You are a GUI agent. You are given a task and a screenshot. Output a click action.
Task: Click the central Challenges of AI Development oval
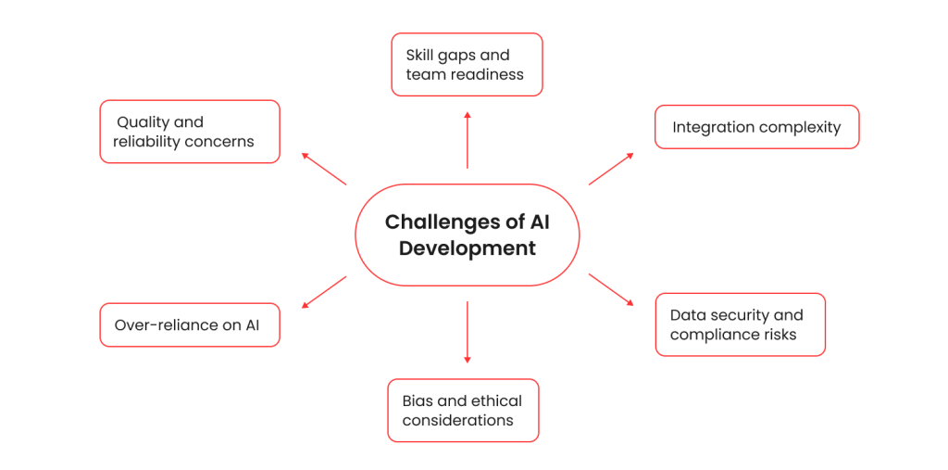coord(467,235)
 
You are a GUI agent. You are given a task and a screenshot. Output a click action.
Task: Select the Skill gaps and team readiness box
coord(467,65)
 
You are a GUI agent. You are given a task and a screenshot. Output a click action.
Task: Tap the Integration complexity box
coord(756,127)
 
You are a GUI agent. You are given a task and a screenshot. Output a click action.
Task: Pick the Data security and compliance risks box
coord(740,324)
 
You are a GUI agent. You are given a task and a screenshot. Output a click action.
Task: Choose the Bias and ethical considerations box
coord(462,410)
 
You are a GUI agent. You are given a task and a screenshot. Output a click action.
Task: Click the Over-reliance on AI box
coord(189,325)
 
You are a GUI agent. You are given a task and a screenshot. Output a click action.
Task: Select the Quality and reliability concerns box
coord(189,132)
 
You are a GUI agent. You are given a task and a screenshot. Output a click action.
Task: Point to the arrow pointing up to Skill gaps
coord(467,140)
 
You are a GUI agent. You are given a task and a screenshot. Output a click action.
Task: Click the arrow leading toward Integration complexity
coord(611,169)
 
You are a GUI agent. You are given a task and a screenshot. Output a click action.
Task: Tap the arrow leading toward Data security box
coord(611,289)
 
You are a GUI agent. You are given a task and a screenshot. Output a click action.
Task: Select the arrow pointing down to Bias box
coord(467,332)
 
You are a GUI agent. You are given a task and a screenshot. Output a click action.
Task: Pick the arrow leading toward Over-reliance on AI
coord(324,291)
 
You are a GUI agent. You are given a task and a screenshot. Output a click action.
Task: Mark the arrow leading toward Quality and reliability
coord(324,169)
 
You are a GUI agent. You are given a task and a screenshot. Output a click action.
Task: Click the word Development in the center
coord(468,248)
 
